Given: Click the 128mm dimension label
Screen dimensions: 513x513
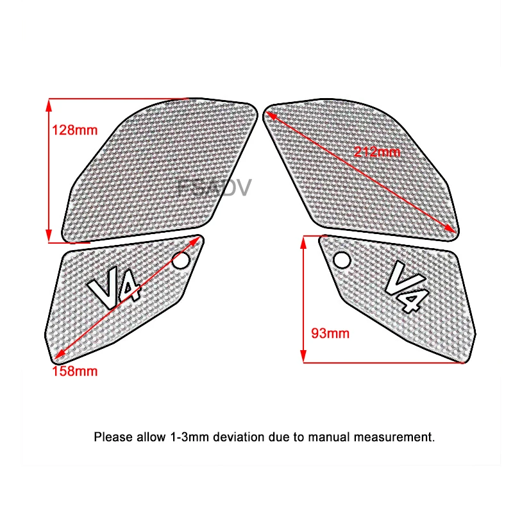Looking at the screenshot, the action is pos(74,130).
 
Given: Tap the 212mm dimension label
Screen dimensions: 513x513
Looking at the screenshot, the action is pos(376,152).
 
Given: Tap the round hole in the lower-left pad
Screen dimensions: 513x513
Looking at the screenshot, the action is pos(181,261).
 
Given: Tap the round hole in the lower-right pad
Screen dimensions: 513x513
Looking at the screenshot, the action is pos(341,260).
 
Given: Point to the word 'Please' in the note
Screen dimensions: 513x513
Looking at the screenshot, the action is pos(113,438).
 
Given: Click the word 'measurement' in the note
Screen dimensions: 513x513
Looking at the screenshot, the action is pos(398,438).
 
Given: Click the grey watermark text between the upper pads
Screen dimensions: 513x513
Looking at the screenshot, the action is pos(215,187).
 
